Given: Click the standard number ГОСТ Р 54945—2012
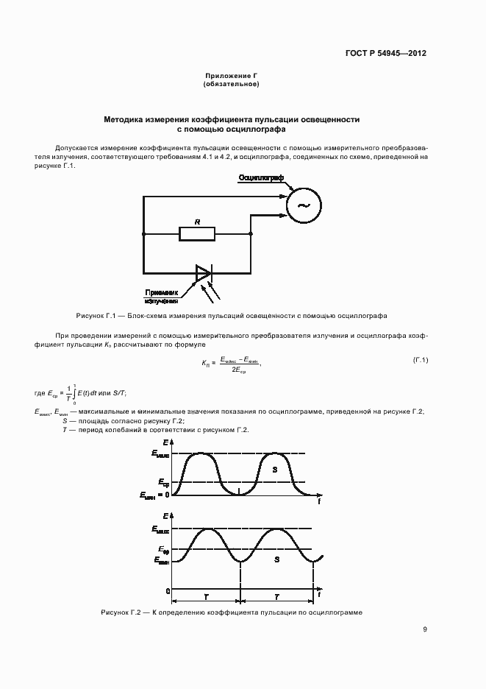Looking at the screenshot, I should [x=385, y=53].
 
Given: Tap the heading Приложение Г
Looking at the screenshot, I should [x=231, y=77].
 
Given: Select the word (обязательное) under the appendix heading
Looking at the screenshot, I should [x=231, y=85].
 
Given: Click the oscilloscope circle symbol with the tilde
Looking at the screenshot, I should [x=302, y=207].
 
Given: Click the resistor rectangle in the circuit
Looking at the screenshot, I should [x=197, y=234].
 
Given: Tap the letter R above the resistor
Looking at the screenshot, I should [x=197, y=222].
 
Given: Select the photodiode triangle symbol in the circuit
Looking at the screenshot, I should [x=203, y=273].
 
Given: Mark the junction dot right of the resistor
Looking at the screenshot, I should [x=251, y=234].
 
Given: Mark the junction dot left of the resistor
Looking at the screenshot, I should [x=143, y=234].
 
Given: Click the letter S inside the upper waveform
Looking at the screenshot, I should [x=274, y=469].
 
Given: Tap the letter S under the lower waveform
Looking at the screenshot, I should [x=276, y=559].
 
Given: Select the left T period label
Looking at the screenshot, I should [x=208, y=598].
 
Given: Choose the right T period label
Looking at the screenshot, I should [x=277, y=598].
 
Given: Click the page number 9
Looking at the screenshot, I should [x=425, y=629].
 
